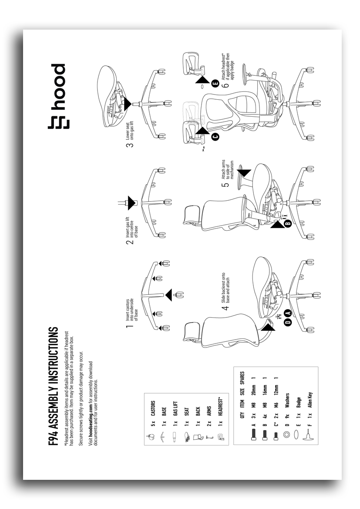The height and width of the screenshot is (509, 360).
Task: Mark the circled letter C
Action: (x=215, y=137)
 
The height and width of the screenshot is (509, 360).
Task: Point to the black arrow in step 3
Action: (x=126, y=104)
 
